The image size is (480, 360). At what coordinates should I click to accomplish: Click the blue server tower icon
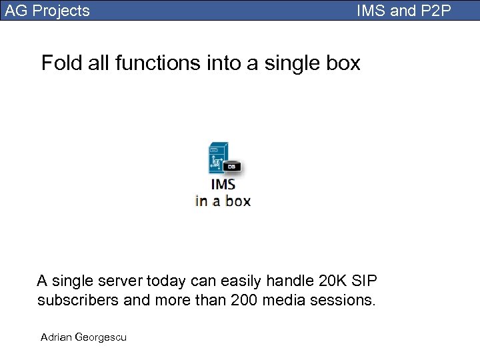click(x=218, y=157)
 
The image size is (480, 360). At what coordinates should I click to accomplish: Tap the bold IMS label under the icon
click(x=223, y=184)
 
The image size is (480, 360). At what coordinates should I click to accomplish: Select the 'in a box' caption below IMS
click(x=223, y=200)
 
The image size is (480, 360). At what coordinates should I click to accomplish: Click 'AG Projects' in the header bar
click(x=47, y=11)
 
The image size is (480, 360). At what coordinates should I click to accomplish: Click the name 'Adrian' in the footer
click(x=57, y=337)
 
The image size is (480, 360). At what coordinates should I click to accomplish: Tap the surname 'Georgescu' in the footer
click(x=101, y=337)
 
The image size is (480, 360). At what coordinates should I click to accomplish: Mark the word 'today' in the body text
click(x=163, y=281)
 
